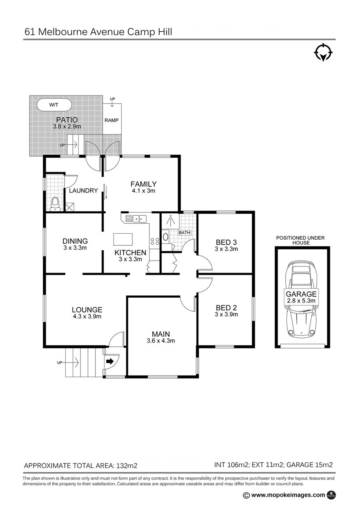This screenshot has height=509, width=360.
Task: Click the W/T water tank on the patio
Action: coord(54,105)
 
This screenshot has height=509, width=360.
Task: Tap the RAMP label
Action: coord(112,120)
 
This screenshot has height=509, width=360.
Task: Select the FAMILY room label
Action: coord(144,184)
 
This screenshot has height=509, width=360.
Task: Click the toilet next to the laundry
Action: coord(55,204)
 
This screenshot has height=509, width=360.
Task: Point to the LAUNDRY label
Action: coord(83,190)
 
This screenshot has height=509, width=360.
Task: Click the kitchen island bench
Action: coord(123,239)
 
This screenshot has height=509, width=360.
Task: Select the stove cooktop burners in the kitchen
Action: coord(155,241)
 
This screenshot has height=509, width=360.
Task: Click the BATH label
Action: coord(184,232)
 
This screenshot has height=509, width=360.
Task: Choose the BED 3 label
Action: coord(226,242)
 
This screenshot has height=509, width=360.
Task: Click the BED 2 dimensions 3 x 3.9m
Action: coord(226,314)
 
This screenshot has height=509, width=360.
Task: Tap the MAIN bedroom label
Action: coord(161,334)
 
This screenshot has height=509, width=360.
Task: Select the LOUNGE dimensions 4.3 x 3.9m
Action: coord(87,316)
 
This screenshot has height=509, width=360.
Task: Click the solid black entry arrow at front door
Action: coord(110,361)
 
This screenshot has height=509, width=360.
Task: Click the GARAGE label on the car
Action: coord(301,294)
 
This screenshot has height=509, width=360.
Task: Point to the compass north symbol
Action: coord(323,53)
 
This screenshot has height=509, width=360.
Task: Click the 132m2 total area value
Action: coord(127,466)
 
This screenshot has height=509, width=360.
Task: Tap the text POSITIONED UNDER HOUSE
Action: coord(300,240)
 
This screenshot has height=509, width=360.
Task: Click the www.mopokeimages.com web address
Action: coord(288,495)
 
